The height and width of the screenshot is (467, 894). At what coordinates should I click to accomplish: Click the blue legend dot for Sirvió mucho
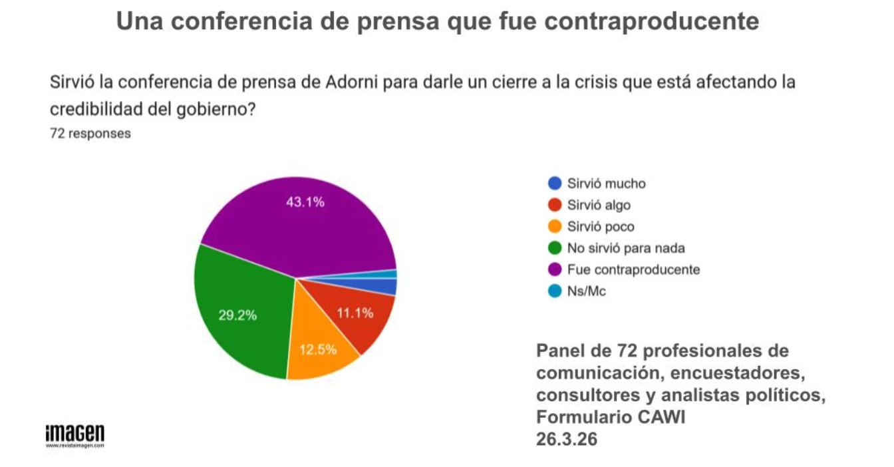coord(555,183)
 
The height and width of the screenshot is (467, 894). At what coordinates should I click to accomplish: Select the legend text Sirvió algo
coord(599,205)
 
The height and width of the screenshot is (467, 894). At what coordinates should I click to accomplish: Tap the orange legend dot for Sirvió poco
coord(555,226)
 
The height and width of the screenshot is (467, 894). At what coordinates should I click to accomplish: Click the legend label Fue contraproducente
coord(633,270)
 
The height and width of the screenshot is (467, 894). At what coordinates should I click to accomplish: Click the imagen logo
coord(75,436)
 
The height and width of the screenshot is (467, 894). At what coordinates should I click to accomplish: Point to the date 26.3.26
coord(567,439)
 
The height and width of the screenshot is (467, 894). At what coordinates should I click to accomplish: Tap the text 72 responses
coord(90,133)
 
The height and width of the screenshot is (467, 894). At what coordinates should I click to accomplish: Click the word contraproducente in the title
coord(652,21)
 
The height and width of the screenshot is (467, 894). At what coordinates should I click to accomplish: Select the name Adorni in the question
coord(352,82)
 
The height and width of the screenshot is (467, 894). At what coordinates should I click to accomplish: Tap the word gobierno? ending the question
coord(216,109)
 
